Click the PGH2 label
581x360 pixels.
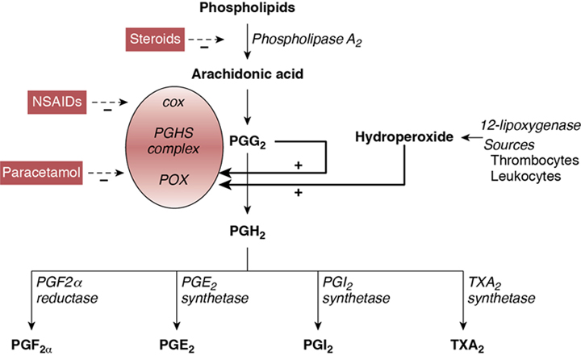point(247,232)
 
